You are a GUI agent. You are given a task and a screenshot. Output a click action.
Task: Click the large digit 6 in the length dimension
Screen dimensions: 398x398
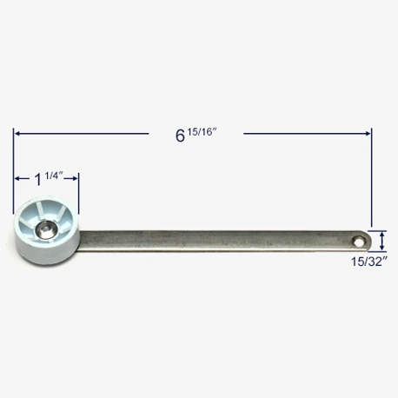click(x=180, y=136)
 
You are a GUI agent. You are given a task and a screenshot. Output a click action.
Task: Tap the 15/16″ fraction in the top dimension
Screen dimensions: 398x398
click(x=202, y=132)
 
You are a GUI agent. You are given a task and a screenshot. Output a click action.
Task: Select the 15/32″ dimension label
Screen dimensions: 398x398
click(x=369, y=262)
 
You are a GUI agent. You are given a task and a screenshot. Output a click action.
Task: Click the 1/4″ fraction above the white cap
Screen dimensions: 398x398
click(x=54, y=176)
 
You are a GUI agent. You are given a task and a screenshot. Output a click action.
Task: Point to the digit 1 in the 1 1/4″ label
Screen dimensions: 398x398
click(x=38, y=180)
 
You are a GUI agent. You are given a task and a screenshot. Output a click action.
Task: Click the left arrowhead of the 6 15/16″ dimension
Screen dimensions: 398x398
click(x=17, y=134)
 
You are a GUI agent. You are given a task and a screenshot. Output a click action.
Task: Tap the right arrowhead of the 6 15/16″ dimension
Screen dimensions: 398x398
click(x=368, y=134)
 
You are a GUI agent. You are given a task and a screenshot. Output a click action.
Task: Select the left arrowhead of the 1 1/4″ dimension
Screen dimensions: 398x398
click(x=17, y=179)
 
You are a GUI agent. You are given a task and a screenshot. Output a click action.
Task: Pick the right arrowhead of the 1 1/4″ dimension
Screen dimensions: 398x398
click(x=75, y=179)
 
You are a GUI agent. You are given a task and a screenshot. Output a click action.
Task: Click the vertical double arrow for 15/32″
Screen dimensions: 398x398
click(x=382, y=241)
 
